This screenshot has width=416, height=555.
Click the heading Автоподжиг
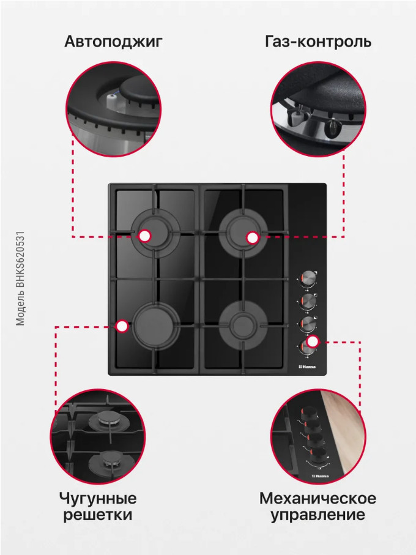114,42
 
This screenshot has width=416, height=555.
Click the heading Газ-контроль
318,42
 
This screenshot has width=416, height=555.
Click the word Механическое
318,498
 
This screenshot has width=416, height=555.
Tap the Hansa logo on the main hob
307,367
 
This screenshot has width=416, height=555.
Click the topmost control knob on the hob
308,278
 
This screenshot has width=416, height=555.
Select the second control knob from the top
308,301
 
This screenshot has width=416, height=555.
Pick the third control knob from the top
308,324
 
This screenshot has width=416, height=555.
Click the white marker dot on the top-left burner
144,236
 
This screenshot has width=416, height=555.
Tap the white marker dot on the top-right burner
252,238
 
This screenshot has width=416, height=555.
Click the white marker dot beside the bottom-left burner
122,326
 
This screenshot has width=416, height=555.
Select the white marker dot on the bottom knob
313,341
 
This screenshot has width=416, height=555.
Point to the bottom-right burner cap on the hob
243,325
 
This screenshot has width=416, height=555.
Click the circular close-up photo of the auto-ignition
114,110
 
